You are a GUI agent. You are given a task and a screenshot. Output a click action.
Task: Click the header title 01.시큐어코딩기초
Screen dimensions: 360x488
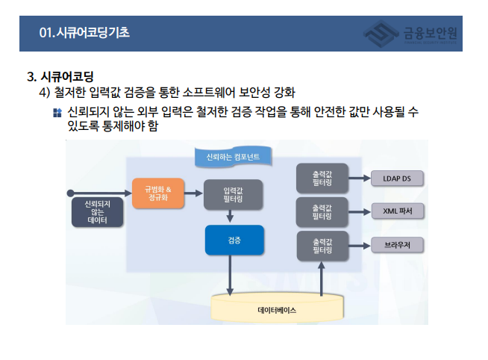[84, 33]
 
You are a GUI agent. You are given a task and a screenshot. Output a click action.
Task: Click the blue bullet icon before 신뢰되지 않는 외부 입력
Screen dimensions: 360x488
[57, 114]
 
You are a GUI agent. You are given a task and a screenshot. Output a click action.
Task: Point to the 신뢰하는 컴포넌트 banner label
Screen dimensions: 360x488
[233, 157]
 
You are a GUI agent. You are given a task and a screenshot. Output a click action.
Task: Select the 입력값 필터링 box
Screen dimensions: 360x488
[231, 194]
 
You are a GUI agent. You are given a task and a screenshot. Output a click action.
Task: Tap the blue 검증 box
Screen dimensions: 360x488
[234, 241]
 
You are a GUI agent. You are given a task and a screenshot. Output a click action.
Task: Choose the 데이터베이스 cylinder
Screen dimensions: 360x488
[277, 307]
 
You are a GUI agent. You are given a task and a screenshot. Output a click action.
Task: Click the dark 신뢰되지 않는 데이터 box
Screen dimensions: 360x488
[97, 213]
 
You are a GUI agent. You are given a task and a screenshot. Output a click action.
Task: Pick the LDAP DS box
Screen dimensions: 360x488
[396, 179]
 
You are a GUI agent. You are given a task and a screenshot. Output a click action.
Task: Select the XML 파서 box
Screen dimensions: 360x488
[396, 211]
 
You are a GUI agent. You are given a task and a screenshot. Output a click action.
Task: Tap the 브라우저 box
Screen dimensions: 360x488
[396, 245]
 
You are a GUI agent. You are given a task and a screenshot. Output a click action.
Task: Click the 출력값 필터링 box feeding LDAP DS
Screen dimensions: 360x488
[322, 178]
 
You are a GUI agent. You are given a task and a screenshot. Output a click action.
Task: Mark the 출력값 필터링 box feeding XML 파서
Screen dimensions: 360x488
[322, 211]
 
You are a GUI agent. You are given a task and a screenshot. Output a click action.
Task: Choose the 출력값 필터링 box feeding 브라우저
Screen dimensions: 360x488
[322, 246]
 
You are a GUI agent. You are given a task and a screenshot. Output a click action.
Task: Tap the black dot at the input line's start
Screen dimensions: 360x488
[71, 193]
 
